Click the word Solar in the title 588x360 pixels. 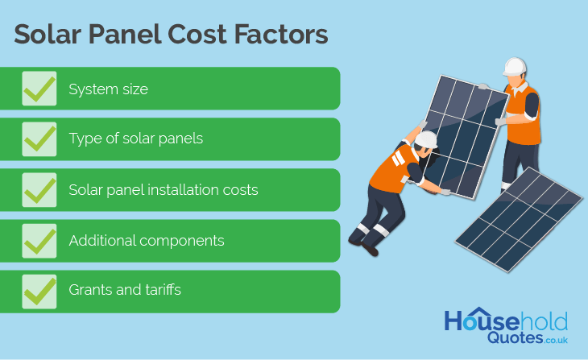pyautogui.click(x=48, y=35)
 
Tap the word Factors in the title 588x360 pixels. pyautogui.click(x=281, y=35)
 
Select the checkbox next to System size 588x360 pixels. pyautogui.click(x=39, y=89)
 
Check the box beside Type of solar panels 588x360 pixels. pyautogui.click(x=39, y=139)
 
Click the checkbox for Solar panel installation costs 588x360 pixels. pyautogui.click(x=39, y=190)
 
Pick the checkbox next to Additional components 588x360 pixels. pyautogui.click(x=39, y=241)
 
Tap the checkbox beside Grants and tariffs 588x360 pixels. pyautogui.click(x=39, y=292)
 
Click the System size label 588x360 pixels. pyautogui.click(x=109, y=89)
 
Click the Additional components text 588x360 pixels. pyautogui.click(x=147, y=240)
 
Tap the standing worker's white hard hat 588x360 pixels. pyautogui.click(x=515, y=67)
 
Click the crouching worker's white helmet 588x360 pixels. pyautogui.click(x=426, y=139)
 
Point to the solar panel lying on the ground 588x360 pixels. pyautogui.click(x=519, y=219)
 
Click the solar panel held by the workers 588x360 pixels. pyautogui.click(x=465, y=137)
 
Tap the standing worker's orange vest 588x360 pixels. pyautogui.click(x=524, y=116)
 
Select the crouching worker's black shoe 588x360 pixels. pyautogui.click(x=370, y=249)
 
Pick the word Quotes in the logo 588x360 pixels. pyautogui.click(x=515, y=338)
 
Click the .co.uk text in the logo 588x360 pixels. pyautogui.click(x=556, y=340)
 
